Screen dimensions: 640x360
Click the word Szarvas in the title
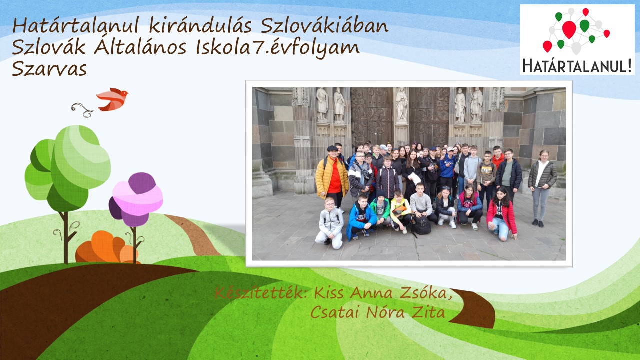coord(49,69)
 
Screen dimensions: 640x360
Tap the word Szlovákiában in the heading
coord(324,26)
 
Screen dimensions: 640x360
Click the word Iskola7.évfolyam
coord(277,48)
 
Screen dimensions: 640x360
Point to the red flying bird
coord(112,99)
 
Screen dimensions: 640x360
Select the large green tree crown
coord(68,168)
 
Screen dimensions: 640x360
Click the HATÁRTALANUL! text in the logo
coord(577,66)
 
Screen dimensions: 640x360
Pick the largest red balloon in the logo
coord(569,29)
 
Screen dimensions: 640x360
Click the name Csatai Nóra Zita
coord(377,312)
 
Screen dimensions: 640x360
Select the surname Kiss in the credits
coord(330,293)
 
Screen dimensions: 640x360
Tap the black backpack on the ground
coord(421,225)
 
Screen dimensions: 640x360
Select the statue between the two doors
coord(401,105)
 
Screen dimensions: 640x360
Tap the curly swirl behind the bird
coord(82,110)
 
